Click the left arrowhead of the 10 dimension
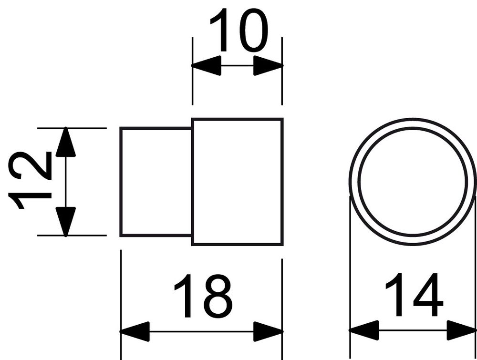206,65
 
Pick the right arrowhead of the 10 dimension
268,65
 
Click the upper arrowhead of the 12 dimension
65,142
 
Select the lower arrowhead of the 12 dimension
65,221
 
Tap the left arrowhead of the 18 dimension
135,331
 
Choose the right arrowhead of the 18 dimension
268,331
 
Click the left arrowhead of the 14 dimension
364,329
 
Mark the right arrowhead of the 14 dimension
461,329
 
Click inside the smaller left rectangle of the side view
156,182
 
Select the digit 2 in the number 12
29,165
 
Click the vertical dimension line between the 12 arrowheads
65,182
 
